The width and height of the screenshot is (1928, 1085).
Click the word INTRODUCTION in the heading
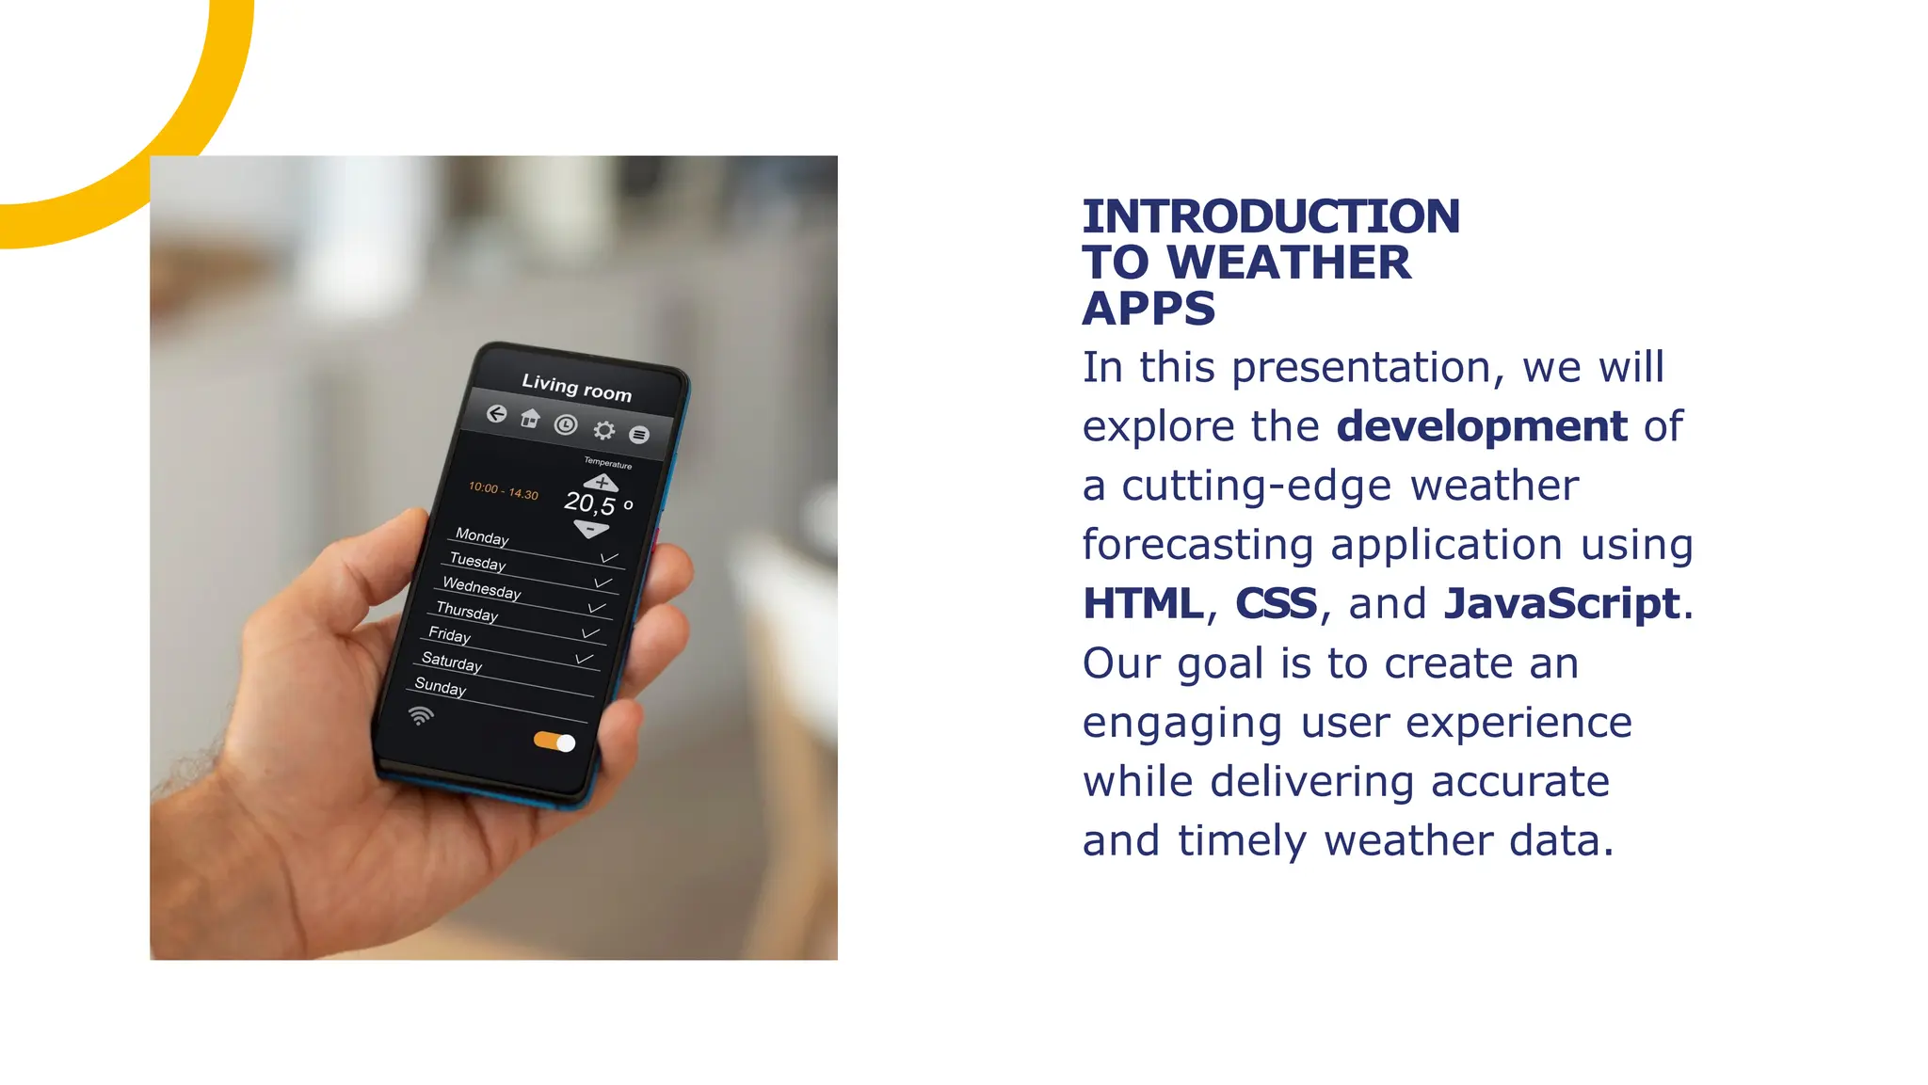[1270, 216]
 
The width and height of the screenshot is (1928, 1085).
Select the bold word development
[1481, 426]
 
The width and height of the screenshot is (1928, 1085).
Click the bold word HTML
[1142, 603]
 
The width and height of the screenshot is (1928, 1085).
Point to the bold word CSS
[1275, 603]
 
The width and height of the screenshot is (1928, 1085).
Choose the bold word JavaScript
[1561, 603]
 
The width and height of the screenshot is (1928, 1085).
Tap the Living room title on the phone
[576, 388]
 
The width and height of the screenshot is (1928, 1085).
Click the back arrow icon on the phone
[496, 414]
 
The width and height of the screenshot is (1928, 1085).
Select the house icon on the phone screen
[530, 419]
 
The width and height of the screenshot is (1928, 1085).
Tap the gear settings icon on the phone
[603, 430]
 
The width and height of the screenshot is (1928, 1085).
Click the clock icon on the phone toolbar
[565, 424]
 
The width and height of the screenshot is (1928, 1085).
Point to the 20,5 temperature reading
[590, 503]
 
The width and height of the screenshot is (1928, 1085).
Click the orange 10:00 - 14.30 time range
[504, 490]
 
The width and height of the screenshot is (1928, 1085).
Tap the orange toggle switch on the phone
[554, 742]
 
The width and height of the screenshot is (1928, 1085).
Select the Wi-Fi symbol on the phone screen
[421, 716]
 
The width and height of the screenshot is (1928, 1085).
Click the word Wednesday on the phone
[481, 588]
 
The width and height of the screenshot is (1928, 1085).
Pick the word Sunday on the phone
[440, 686]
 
